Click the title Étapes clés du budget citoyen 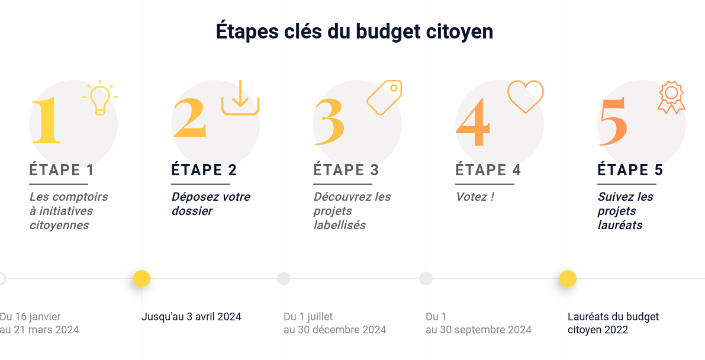point(354,31)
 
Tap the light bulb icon point(100,98)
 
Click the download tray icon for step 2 point(240,98)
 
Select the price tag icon point(384,97)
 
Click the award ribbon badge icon point(671,98)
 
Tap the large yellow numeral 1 point(46,121)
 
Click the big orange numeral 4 point(473,123)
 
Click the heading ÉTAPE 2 point(204,171)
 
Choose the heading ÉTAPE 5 point(630,171)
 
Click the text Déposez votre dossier point(211,204)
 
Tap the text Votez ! point(475,197)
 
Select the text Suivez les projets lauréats point(625,211)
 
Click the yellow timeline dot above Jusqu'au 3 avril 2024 point(141,278)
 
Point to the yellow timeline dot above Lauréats point(568,278)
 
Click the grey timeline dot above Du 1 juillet point(284,278)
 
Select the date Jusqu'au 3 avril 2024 point(191,317)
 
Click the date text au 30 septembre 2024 point(478,330)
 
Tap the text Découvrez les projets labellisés point(352,211)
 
